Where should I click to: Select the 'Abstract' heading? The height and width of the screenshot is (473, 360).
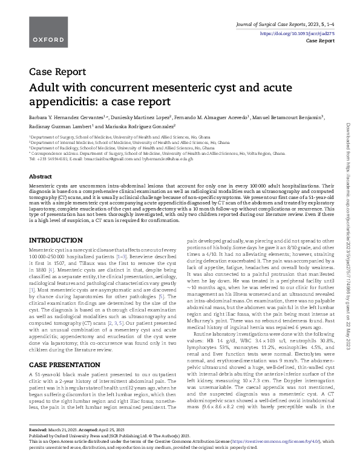tap(40, 176)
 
